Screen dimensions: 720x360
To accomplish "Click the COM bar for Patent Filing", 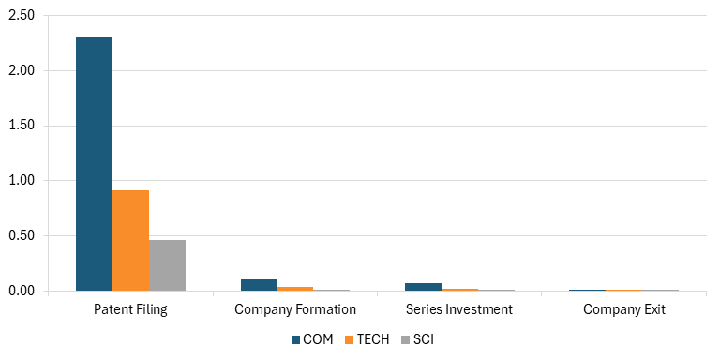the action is (x=94, y=164).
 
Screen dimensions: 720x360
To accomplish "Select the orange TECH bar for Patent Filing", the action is (x=131, y=240).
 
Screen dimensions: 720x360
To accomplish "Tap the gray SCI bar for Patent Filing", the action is (x=167, y=265).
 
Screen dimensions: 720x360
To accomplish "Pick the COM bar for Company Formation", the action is (x=259, y=285).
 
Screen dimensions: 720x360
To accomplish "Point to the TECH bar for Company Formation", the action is (x=294, y=289).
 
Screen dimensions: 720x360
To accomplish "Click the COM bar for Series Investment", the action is (x=423, y=287).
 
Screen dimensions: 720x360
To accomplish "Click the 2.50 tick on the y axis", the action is (x=22, y=16).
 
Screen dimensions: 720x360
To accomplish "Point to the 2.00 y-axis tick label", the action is (x=22, y=70).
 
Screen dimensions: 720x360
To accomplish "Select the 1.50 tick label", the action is (x=22, y=126).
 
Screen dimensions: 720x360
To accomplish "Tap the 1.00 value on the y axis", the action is (x=22, y=180).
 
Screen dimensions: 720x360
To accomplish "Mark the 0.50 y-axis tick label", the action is (x=22, y=235).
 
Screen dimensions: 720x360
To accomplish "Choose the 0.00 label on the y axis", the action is (x=22, y=291).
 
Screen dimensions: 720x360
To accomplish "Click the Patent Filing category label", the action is (x=130, y=309).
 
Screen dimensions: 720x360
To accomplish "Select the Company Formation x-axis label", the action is (x=295, y=309).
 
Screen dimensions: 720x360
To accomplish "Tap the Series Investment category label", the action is (x=459, y=309).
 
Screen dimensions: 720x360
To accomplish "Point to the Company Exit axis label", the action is (x=624, y=309).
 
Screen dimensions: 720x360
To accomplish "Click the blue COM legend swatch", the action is (x=295, y=339).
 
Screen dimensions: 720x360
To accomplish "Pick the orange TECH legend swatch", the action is (x=350, y=339).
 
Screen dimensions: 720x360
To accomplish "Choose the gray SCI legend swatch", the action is (x=405, y=339).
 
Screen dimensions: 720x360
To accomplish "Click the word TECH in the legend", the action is (x=373, y=339).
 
